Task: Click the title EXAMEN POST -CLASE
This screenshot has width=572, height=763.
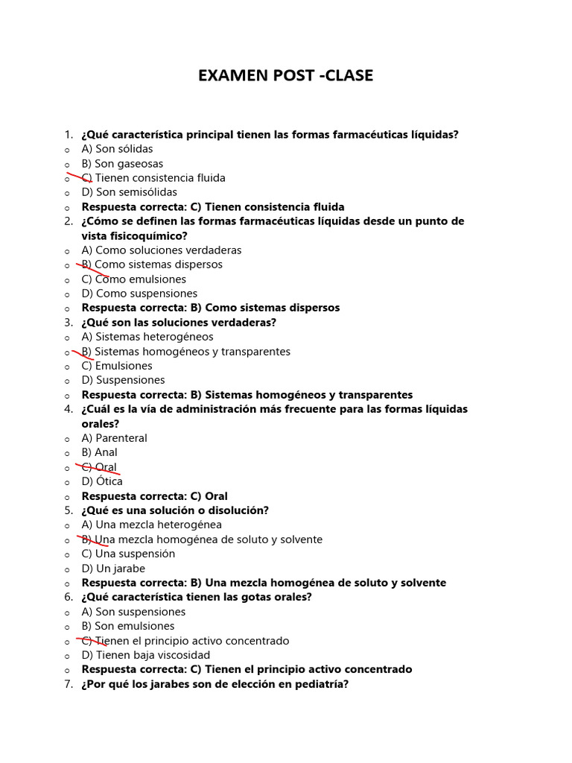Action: pos(285,75)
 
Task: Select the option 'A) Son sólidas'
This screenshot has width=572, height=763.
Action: pos(117,149)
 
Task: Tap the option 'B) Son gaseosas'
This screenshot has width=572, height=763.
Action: pos(122,164)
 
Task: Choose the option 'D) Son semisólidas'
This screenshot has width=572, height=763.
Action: pos(129,192)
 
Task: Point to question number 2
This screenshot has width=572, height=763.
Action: pos(69,221)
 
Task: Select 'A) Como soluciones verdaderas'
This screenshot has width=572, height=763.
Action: pos(161,250)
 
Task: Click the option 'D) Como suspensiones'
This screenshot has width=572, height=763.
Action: pos(139,294)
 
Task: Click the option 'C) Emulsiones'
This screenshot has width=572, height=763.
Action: pos(117,366)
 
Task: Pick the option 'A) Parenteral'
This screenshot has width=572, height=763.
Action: pos(114,438)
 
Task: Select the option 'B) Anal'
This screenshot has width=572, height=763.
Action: pos(99,452)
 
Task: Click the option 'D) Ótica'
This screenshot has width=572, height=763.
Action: pos(102,481)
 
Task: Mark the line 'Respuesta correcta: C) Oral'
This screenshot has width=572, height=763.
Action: pos(154,496)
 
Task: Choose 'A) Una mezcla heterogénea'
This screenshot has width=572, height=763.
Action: pos(151,525)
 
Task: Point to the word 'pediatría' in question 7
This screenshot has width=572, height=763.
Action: pos(322,684)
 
